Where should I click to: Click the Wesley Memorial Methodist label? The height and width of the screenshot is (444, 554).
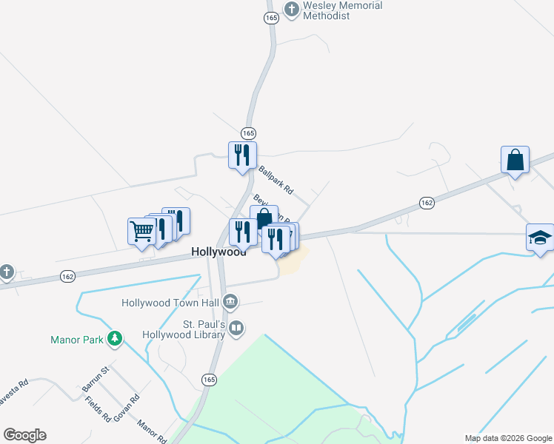[342, 10]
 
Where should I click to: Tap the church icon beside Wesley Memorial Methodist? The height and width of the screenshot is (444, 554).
[292, 10]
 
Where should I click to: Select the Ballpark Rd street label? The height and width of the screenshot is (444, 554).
[276, 180]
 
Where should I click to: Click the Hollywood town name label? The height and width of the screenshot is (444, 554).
[218, 252]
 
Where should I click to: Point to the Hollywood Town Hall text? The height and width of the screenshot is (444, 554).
[170, 303]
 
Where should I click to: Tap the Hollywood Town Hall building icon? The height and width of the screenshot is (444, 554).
[230, 301]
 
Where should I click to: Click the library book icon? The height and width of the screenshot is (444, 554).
[236, 328]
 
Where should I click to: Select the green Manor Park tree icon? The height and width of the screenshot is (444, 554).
[114, 339]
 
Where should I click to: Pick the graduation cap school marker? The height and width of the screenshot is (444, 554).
[540, 238]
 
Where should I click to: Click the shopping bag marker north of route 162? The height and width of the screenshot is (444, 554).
[515, 160]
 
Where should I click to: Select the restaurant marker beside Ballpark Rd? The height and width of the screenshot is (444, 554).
[242, 155]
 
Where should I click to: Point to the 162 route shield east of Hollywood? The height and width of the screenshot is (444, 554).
[426, 203]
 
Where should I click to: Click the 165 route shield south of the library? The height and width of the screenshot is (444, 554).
[209, 379]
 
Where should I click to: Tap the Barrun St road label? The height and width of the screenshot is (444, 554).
[96, 378]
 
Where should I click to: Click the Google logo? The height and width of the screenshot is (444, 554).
[24, 435]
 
